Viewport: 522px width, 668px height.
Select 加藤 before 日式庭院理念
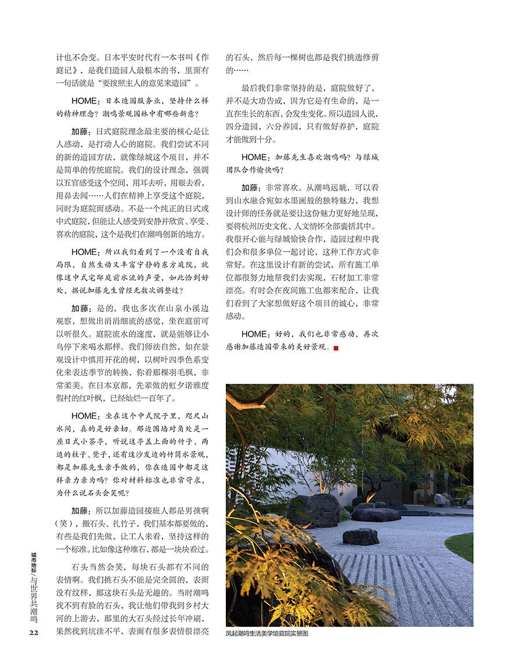[x=80, y=132]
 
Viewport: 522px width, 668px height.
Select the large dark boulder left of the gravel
[x=314, y=510]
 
